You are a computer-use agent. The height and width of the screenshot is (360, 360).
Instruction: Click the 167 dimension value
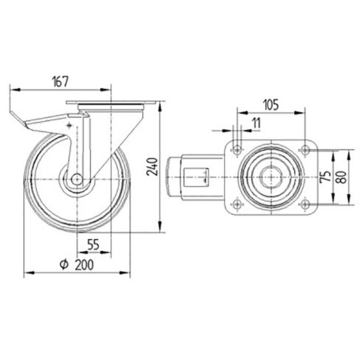(x=60, y=81)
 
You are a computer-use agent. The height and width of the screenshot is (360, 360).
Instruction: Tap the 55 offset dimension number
(x=93, y=245)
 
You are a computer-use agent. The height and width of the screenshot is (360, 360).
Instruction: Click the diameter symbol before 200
(x=64, y=264)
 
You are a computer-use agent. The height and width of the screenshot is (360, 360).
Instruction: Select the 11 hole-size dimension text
(x=256, y=123)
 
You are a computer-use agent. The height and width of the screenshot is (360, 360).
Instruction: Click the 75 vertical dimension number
(x=326, y=176)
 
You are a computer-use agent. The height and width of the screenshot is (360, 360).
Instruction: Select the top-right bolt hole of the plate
(x=305, y=150)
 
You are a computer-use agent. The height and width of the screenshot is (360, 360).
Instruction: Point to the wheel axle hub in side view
(x=77, y=178)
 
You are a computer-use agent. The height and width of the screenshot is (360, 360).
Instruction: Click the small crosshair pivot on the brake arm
(x=70, y=126)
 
